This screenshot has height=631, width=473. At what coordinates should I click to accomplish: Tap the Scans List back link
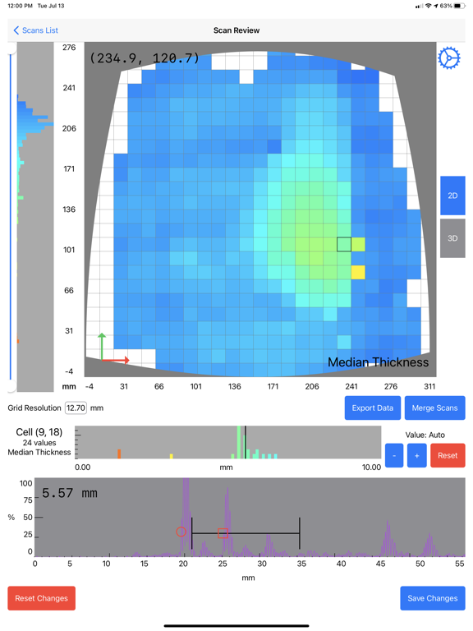pos(35,30)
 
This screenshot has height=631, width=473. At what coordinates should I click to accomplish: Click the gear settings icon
pos(449,58)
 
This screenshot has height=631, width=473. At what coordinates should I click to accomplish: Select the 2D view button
pos(452,196)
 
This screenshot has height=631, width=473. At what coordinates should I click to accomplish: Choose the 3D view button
pos(452,238)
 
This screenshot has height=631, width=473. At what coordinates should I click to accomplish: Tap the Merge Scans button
pos(434,408)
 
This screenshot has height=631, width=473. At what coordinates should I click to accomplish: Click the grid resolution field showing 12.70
pos(76,408)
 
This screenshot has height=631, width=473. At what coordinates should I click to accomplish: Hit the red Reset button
pos(448,455)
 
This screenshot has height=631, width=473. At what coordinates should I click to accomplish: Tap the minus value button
pos(394,455)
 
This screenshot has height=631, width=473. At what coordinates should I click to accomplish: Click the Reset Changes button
pos(41,598)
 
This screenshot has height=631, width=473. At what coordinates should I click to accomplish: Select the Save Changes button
pos(432,598)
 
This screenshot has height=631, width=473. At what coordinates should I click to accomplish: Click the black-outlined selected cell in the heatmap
pos(344,244)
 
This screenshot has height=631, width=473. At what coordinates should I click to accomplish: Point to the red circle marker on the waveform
pos(181,532)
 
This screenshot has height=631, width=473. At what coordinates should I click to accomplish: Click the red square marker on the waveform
pos(223,533)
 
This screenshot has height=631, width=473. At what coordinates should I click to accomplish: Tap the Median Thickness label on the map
pos(378,362)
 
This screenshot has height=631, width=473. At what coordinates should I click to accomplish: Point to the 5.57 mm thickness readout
pos(70,494)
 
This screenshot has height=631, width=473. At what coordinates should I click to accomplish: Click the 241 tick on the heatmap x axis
pos(351,386)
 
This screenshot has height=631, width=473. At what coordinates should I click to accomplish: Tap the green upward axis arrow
pos(103,345)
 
